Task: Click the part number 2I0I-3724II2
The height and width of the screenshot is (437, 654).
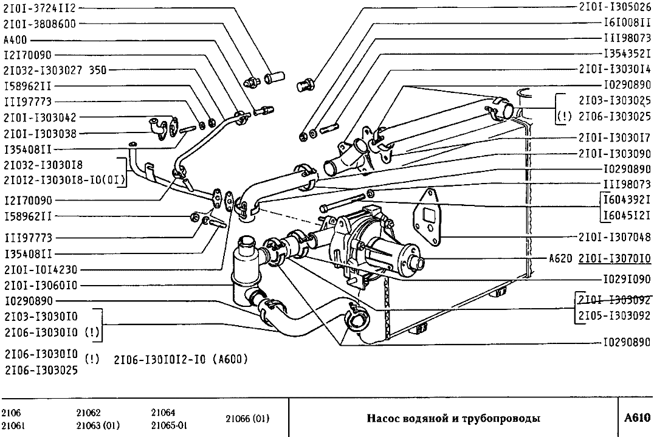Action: [x=40, y=9]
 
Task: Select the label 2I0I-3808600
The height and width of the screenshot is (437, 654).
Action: [x=40, y=24]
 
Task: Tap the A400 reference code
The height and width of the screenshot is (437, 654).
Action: [x=15, y=40]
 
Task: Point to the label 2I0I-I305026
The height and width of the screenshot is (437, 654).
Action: [x=614, y=8]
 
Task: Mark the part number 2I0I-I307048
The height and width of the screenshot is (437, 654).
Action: [x=614, y=236]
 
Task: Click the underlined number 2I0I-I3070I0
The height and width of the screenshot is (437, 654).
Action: [x=614, y=258]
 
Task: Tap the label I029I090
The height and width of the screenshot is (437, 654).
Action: [x=627, y=280]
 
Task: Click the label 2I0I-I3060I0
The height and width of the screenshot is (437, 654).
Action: [x=40, y=285]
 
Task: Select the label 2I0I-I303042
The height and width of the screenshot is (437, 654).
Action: [x=40, y=117]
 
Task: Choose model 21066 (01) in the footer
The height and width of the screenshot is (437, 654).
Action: [x=247, y=419]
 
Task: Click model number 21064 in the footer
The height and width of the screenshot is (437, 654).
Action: [x=163, y=413]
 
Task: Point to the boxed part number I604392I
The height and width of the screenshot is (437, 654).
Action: [x=627, y=199]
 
